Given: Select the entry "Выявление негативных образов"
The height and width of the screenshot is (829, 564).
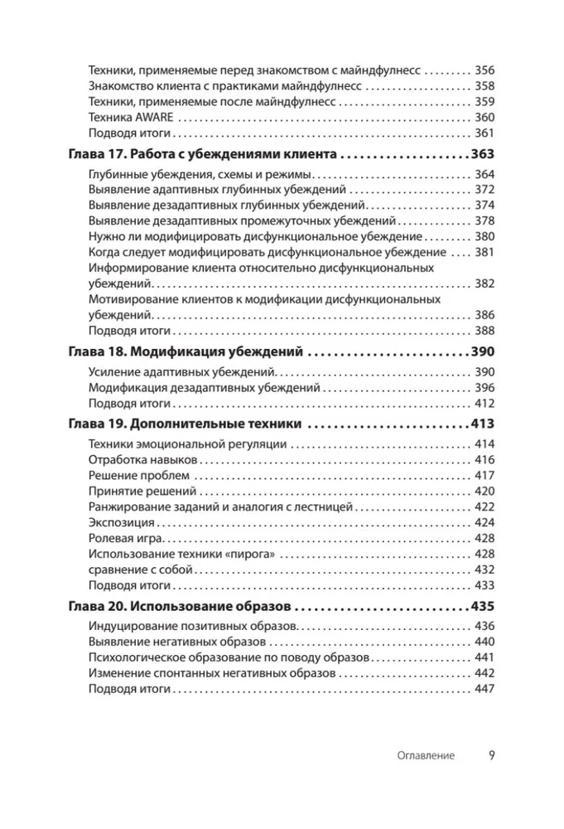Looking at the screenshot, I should tap(177, 642).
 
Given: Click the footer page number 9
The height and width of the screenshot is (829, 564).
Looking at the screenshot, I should tap(491, 755).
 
